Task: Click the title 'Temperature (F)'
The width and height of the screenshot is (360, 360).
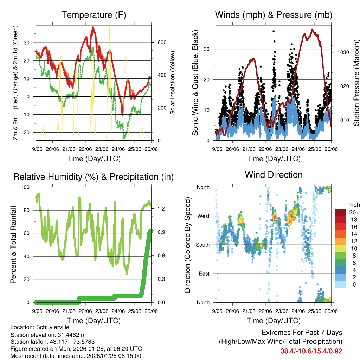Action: (94, 15)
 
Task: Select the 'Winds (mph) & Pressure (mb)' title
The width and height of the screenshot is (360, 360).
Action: (274, 15)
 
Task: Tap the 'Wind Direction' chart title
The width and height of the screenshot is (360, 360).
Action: (274, 174)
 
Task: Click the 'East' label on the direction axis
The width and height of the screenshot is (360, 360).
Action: (204, 274)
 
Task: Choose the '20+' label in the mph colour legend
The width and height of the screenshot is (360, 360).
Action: (354, 212)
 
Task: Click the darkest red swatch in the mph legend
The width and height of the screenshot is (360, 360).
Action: (340, 212)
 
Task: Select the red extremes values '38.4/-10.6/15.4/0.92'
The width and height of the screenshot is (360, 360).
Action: (311, 351)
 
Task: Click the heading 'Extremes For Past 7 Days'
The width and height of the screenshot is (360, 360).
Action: (302, 333)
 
